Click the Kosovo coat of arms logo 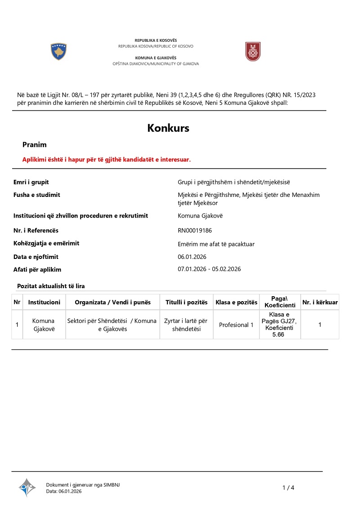[x=58, y=52]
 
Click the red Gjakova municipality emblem [x=252, y=52]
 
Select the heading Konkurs [x=168, y=128]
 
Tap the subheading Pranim [x=35, y=145]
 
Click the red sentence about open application [x=107, y=160]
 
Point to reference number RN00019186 [x=195, y=231]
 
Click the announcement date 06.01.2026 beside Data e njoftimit [x=192, y=257]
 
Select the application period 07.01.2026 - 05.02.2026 [x=209, y=269]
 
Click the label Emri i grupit [x=31, y=182]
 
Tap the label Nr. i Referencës [x=36, y=231]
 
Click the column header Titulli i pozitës [x=186, y=303]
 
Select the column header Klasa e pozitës [x=236, y=303]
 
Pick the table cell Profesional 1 [x=236, y=325]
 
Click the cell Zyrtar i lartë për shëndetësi [x=186, y=325]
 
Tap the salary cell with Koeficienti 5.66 [x=280, y=325]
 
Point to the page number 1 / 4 [x=288, y=488]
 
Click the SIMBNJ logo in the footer [x=27, y=487]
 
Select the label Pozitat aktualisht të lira [x=51, y=286]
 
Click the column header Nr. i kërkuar [x=320, y=303]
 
